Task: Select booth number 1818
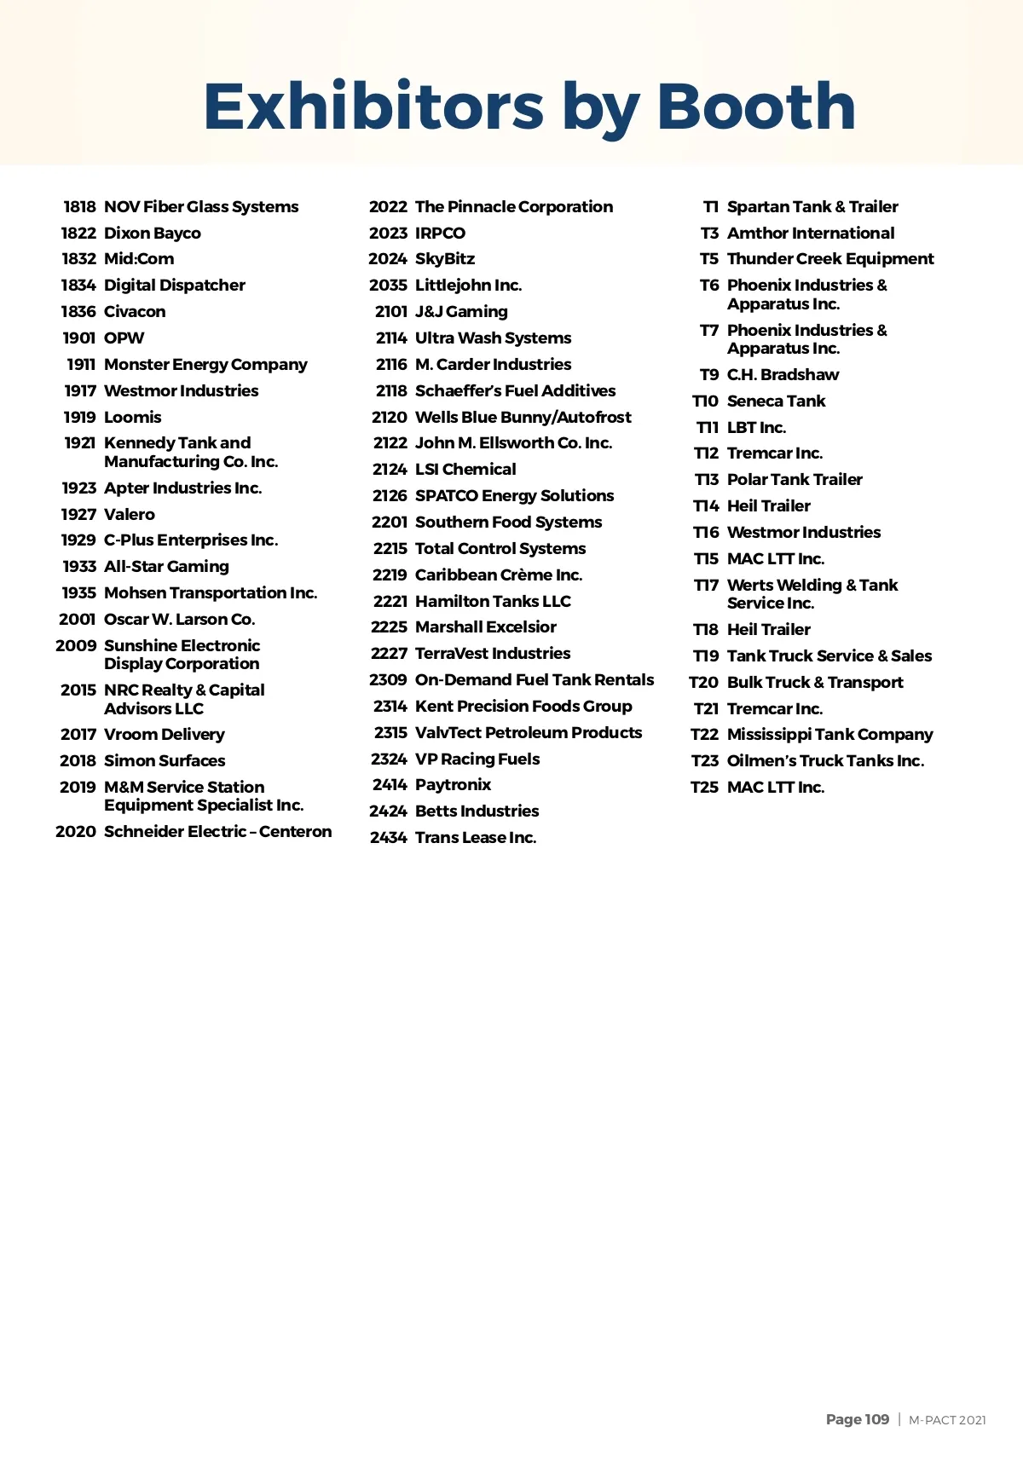click(79, 207)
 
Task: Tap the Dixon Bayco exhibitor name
click(152, 234)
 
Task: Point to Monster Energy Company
click(205, 365)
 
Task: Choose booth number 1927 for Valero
click(78, 515)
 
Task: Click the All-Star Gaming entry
click(166, 567)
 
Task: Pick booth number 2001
click(77, 620)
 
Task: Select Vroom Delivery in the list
click(164, 735)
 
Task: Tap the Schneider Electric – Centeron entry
click(217, 832)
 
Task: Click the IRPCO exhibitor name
click(440, 234)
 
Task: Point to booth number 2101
click(391, 312)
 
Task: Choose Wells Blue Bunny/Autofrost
click(523, 418)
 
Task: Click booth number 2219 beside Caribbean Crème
click(390, 575)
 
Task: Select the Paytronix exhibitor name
click(453, 785)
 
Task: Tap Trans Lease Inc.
click(475, 838)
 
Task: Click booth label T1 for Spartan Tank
click(711, 207)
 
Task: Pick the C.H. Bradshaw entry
click(782, 375)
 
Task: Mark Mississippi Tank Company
click(829, 735)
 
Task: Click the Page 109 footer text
click(857, 1419)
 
